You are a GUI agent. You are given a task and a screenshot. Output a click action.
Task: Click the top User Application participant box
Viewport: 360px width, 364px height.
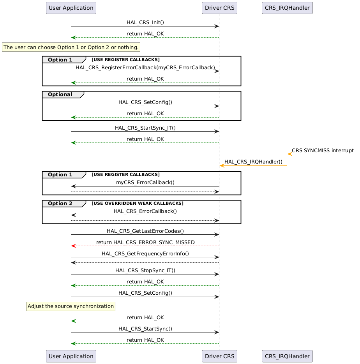pyautogui.click(x=71, y=7)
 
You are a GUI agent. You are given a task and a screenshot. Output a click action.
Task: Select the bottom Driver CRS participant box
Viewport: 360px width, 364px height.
pyautogui.click(x=219, y=356)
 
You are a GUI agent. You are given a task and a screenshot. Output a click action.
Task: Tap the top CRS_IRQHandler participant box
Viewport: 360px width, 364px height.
pyautogui.click(x=287, y=7)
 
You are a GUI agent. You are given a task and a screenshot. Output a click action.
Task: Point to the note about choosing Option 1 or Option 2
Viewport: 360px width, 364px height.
pyautogui.click(x=71, y=47)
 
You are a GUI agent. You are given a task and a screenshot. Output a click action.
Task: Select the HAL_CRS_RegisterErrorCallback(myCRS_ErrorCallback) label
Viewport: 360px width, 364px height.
pyautogui.click(x=145, y=67)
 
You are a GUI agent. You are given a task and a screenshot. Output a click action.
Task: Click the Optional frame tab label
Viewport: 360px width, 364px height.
pyautogui.click(x=60, y=95)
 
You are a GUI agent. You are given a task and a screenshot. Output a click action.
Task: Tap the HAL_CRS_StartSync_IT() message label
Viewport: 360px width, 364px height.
pyautogui.click(x=145, y=128)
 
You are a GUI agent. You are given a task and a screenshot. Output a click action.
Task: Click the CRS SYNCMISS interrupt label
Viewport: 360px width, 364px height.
pyautogui.click(x=323, y=150)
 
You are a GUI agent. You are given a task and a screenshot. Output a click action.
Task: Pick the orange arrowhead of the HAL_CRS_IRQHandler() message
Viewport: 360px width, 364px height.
pyautogui.click(x=222, y=166)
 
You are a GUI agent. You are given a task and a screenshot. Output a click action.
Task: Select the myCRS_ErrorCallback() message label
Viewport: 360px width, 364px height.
pyautogui.click(x=145, y=182)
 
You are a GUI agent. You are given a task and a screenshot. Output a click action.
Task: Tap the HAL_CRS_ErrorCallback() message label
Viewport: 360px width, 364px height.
pyautogui.click(x=145, y=211)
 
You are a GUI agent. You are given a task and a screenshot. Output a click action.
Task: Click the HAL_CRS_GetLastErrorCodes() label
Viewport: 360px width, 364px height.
pyautogui.click(x=145, y=231)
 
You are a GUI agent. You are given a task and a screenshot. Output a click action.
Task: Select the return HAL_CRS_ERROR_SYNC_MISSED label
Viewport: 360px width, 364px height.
pyautogui.click(x=145, y=242)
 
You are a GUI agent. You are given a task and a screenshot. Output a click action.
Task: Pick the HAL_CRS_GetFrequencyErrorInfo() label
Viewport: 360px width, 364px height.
pyautogui.click(x=145, y=253)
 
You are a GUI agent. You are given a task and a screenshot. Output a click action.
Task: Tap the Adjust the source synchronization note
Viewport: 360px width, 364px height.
pyautogui.click(x=71, y=306)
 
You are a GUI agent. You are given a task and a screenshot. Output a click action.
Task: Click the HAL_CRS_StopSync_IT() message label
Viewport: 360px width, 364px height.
pyautogui.click(x=145, y=270)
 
